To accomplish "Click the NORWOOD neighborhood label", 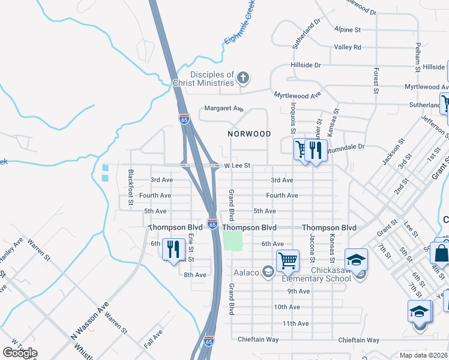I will (249, 134).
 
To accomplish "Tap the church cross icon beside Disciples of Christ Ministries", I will (243, 77).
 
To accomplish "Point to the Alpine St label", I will (348, 29).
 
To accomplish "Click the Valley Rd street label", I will (348, 47).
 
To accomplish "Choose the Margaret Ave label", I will (224, 109).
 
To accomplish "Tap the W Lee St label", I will (237, 165).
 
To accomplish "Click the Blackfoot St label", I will (130, 188).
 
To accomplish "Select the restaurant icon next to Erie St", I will (174, 250).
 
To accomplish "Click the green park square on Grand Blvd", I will (233, 241).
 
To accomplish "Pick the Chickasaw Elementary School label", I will (316, 274).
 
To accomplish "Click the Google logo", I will (20, 353).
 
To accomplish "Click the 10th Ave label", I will (286, 307).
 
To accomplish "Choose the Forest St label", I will (376, 80).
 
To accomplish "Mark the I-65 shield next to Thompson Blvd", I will (212, 224).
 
